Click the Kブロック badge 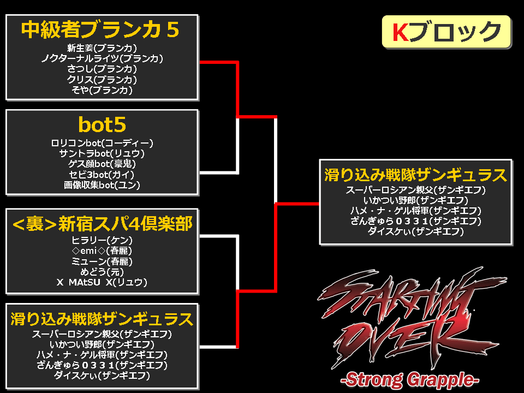[446, 32]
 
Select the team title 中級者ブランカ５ [100, 29]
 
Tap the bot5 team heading [102, 124]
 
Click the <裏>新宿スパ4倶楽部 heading [102, 224]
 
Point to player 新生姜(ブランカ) [102, 48]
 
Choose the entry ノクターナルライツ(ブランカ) [102, 58]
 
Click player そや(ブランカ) [102, 90]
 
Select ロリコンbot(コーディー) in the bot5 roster [102, 143]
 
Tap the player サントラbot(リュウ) [102, 153]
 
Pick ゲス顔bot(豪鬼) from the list [102, 164]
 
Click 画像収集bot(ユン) [102, 185]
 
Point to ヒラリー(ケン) [102, 240]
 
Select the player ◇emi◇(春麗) [102, 251]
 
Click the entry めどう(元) [102, 272]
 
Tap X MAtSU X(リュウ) [102, 282]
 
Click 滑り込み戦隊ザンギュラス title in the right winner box [416, 175]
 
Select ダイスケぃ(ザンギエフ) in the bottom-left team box [102, 376]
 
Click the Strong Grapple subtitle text [410, 380]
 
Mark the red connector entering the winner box [297, 203]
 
